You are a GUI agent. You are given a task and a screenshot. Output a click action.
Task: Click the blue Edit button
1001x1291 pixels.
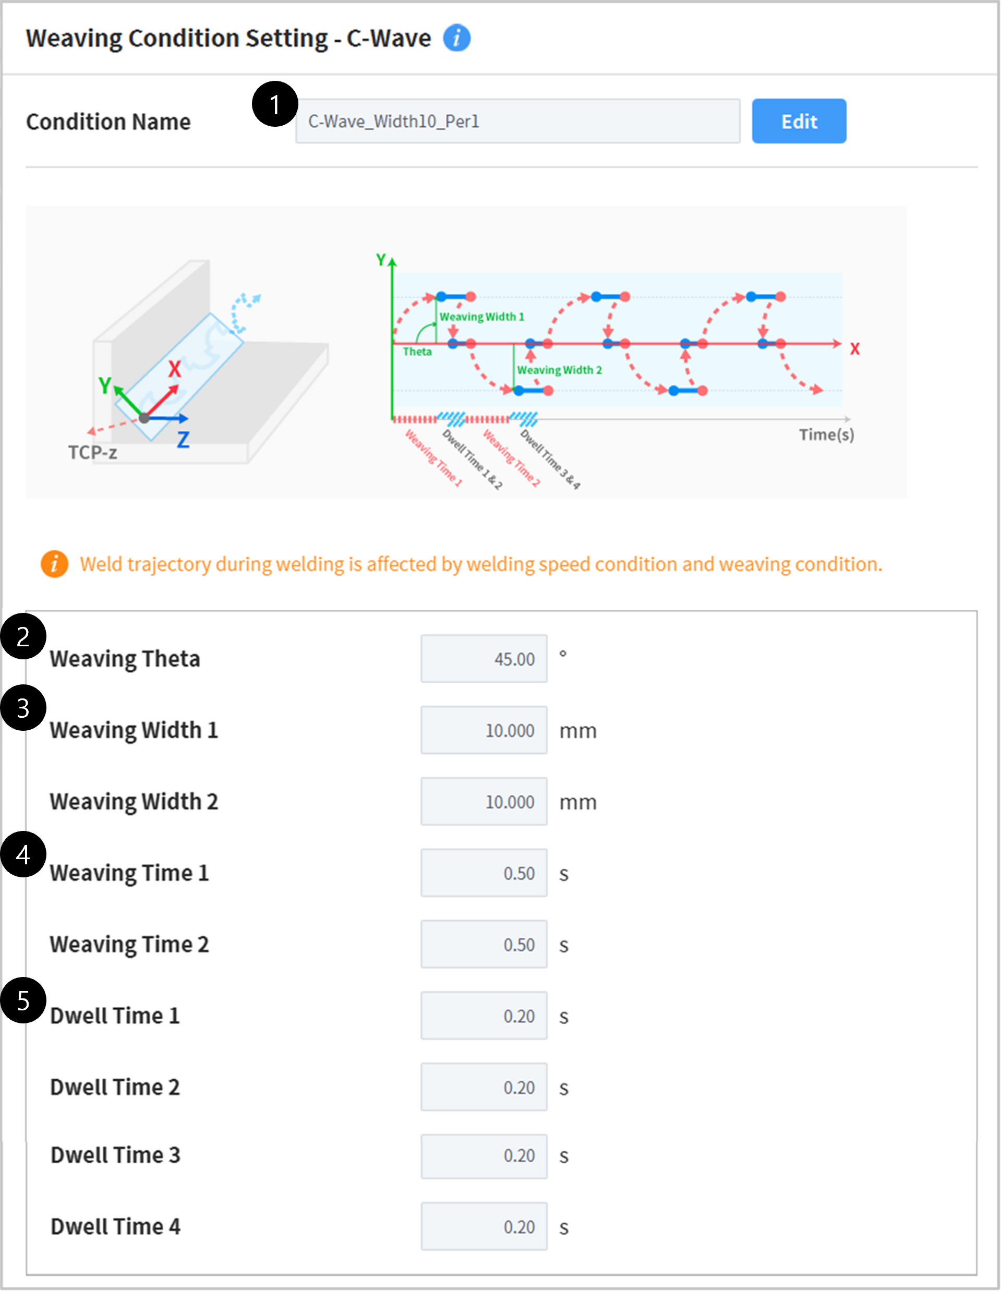(x=798, y=121)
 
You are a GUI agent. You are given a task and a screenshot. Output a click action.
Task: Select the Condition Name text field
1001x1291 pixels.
(x=517, y=121)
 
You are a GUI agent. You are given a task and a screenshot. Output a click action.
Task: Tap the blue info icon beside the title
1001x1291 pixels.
(x=456, y=39)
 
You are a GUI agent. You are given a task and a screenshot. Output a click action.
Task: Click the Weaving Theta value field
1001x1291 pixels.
(x=484, y=658)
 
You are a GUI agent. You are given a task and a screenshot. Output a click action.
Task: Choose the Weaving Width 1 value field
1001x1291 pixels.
(x=484, y=730)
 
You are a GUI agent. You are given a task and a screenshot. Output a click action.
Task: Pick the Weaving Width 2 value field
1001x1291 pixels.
(x=484, y=802)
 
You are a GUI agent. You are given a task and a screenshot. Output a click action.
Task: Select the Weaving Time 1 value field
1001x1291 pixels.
(x=484, y=873)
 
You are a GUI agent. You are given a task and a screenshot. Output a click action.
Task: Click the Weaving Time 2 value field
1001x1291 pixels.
(x=484, y=944)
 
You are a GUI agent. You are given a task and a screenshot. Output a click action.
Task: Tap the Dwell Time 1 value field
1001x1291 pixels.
(x=484, y=1016)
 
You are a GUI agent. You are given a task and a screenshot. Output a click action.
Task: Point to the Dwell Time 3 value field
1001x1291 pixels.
(x=484, y=1155)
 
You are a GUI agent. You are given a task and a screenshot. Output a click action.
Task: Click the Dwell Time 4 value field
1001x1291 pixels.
(x=484, y=1226)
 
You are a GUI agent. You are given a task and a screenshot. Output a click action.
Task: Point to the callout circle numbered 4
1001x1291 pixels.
(x=23, y=854)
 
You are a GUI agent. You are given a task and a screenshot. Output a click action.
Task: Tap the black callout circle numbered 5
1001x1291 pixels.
(x=23, y=1000)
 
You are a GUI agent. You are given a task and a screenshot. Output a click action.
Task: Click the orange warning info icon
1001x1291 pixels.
(x=54, y=564)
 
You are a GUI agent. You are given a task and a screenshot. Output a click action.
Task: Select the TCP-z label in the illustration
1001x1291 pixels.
(x=93, y=453)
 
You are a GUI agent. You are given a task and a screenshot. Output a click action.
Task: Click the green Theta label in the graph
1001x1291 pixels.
(x=417, y=352)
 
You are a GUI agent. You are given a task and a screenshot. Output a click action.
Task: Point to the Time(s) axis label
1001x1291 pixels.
(x=826, y=435)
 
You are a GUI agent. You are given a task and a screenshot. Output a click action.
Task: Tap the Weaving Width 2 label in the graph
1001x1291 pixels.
(x=559, y=370)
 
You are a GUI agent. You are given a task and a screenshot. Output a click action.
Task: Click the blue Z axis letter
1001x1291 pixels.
(x=183, y=439)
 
